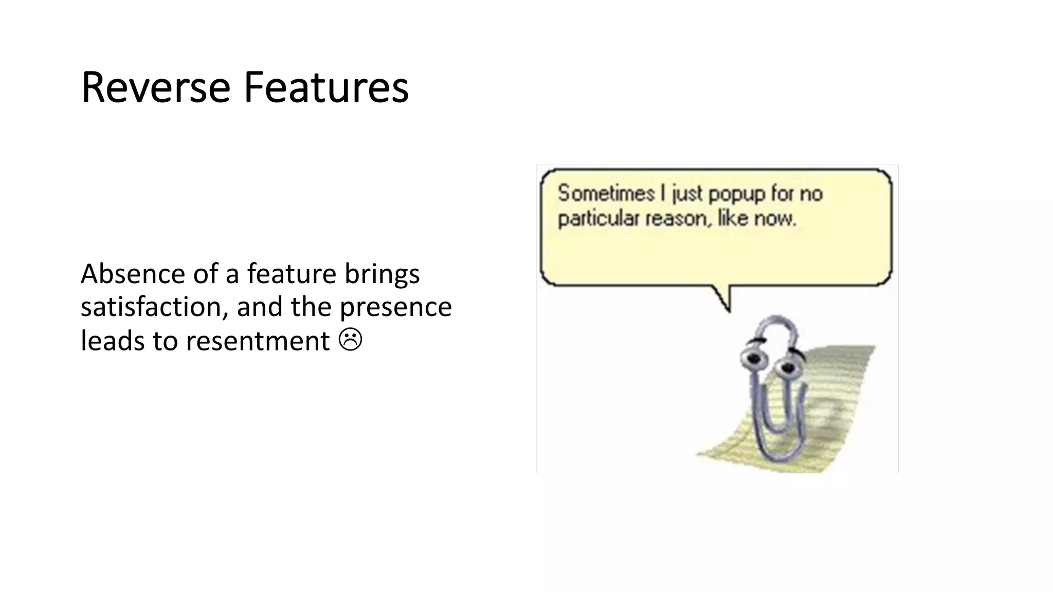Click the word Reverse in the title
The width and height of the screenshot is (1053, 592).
point(156,87)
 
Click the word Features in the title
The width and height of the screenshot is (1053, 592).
point(326,87)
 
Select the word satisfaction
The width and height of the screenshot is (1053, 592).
point(154,307)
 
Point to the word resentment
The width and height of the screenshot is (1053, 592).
point(257,341)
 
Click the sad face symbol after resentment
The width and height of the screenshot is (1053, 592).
point(351,340)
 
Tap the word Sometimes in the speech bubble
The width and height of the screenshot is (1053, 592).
point(606,194)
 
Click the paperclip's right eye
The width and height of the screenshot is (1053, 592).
point(787,367)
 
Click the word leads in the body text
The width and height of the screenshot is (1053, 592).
point(113,341)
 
